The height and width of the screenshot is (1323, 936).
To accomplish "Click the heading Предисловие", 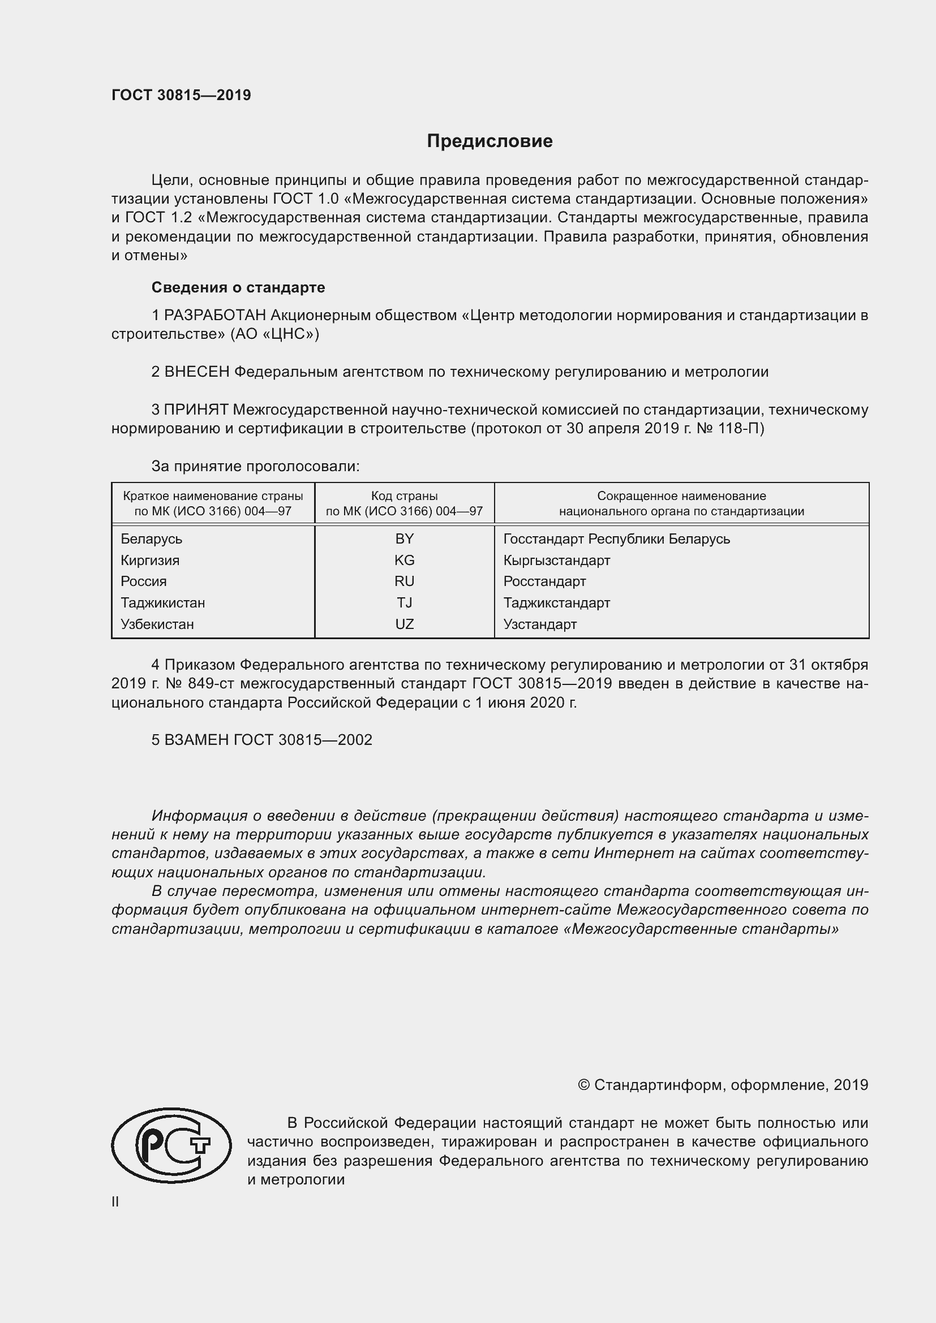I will click(490, 141).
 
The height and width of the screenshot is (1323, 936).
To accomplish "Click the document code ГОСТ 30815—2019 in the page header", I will click(181, 96).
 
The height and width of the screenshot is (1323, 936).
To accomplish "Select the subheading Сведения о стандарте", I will click(238, 287).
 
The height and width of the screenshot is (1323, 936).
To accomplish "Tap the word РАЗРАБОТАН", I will click(215, 315).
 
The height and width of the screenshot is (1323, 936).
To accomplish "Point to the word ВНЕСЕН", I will click(196, 372).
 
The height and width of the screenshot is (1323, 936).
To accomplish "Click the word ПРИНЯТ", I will click(196, 410).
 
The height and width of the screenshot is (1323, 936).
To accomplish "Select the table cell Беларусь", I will click(152, 539).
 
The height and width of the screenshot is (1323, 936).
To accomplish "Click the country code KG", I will click(404, 560).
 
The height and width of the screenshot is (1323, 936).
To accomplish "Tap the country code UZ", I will click(404, 624).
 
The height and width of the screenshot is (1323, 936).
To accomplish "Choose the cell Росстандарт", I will click(544, 581).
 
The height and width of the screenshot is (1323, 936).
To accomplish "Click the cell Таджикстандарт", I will click(556, 603).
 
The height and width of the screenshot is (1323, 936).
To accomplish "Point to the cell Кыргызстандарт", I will click(556, 560).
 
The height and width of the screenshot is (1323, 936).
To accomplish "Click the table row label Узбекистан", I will click(157, 624).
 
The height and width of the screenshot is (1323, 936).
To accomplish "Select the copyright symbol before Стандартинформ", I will click(583, 1085).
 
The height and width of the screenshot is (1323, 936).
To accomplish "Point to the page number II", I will click(115, 1202).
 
